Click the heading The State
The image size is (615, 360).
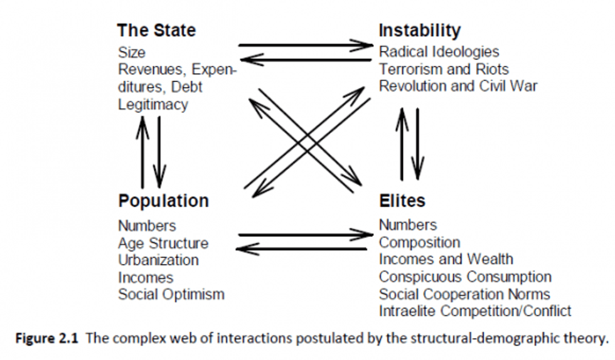click(156, 30)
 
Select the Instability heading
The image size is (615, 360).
click(419, 30)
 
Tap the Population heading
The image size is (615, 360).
click(163, 201)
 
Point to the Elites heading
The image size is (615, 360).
click(402, 201)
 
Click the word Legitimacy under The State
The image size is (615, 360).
click(152, 105)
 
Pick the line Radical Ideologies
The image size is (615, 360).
click(439, 51)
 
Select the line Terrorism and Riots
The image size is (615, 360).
click(444, 68)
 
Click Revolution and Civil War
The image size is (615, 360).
click(458, 86)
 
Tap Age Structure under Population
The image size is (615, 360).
click(163, 243)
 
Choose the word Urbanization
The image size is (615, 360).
click(158, 260)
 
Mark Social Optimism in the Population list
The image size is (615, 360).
click(171, 294)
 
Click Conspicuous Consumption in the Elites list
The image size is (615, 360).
click(465, 277)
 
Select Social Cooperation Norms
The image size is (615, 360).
click(464, 294)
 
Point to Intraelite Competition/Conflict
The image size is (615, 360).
click(475, 310)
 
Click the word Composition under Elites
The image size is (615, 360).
click(419, 242)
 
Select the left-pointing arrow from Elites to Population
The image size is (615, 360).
click(302, 249)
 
